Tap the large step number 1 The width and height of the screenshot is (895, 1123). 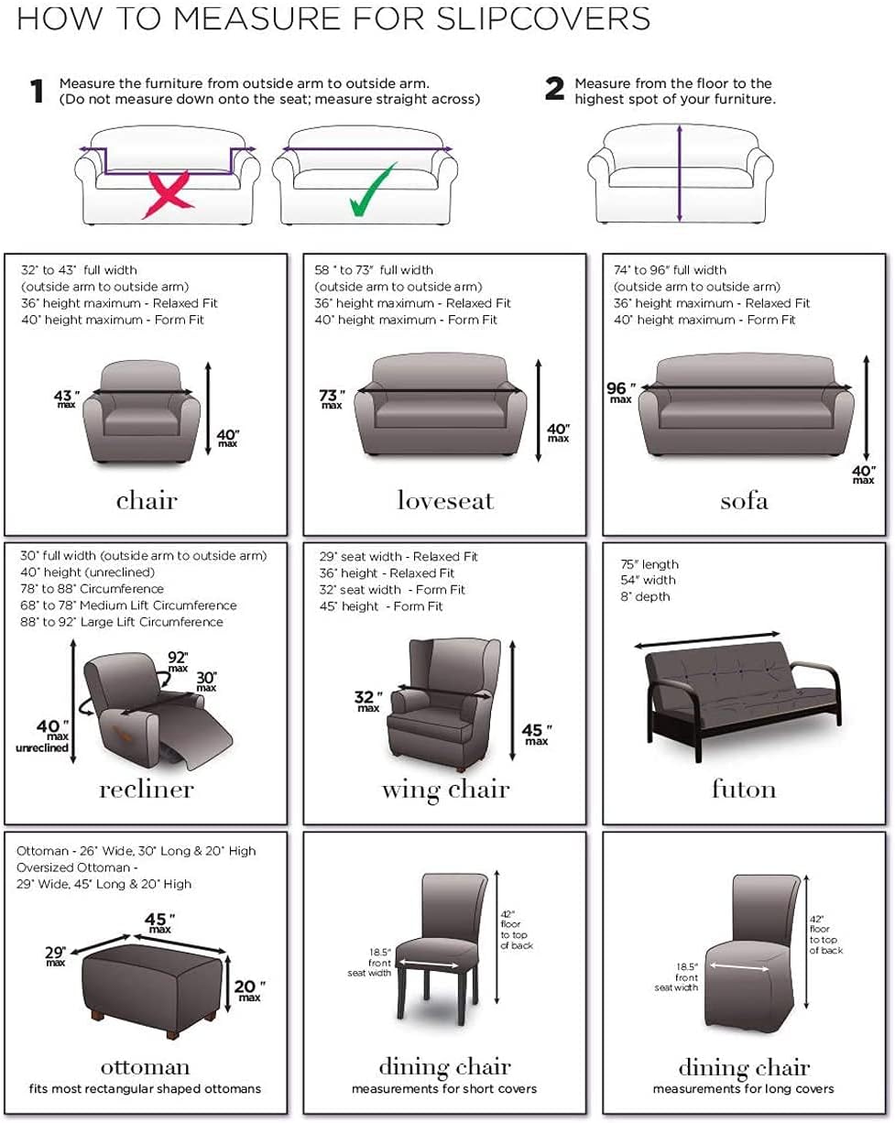click(37, 92)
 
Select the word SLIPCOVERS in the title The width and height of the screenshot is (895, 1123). click(543, 18)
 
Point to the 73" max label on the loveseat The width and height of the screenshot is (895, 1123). click(332, 398)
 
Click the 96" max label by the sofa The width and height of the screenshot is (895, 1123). click(619, 392)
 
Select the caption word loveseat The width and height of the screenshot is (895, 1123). click(445, 500)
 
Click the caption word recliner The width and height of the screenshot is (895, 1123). click(147, 789)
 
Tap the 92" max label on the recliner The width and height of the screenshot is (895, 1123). click(178, 660)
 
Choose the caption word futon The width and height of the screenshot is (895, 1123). click(744, 789)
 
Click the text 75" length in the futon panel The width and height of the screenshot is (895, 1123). click(649, 564)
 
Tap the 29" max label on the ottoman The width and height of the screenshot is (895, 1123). click(56, 956)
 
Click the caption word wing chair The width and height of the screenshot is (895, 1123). click(445, 789)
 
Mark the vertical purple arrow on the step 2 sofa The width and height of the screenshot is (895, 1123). click(680, 173)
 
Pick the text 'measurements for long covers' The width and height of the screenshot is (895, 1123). click(744, 1089)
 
